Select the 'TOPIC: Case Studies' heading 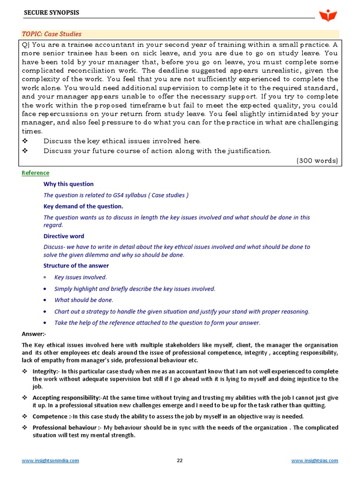click(52, 34)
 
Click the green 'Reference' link click(35, 173)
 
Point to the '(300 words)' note click(317, 160)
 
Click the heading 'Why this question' click(68, 184)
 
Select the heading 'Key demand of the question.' click(83, 206)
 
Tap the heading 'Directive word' click(64, 236)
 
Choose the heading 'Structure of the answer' click(76, 266)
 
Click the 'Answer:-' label click(34, 334)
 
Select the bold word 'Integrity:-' click(46, 371)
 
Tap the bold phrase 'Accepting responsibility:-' click(67, 397)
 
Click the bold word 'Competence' click(49, 416)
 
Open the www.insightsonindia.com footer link click(51, 460)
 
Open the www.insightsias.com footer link click(315, 460)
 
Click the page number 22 click(180, 460)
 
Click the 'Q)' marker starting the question click(26, 45)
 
